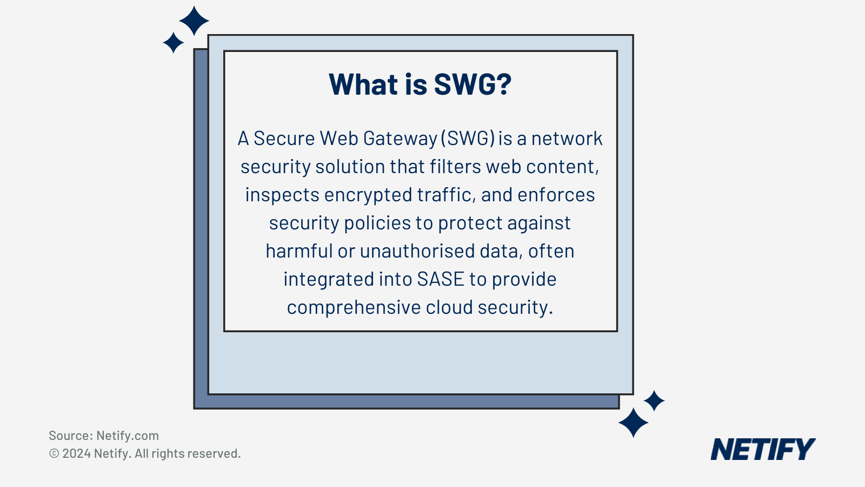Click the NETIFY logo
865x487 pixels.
763,449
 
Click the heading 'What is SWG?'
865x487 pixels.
420,84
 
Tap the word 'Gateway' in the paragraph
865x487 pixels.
400,139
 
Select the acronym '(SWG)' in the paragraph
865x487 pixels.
468,139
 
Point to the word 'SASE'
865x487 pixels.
441,279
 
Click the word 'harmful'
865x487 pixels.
299,251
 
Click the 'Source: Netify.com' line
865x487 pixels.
104,436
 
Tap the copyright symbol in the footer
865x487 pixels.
54,453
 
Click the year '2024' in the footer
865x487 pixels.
76,453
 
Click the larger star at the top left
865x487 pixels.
194,21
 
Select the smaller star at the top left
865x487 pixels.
173,42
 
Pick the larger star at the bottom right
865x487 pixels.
633,423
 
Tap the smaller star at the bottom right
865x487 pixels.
654,401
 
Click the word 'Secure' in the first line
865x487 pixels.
284,139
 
